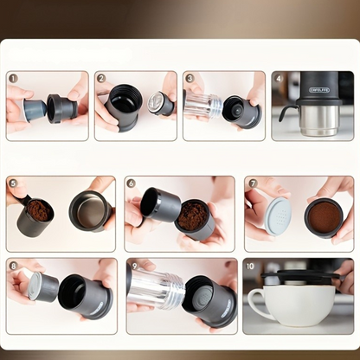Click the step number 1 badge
pyautogui.click(x=14, y=79)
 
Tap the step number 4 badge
pyautogui.click(x=279, y=79)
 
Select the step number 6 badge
pyautogui.click(x=132, y=183)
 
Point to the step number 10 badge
pyautogui.click(x=251, y=266)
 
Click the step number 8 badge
pyautogui.click(x=14, y=266)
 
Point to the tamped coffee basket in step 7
pyautogui.click(x=324, y=216)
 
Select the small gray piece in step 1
pyautogui.click(x=35, y=109)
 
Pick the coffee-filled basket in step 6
pyautogui.click(x=194, y=217)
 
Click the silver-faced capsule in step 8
pyautogui.click(x=42, y=286)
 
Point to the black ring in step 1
pyautogui.click(x=62, y=108)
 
